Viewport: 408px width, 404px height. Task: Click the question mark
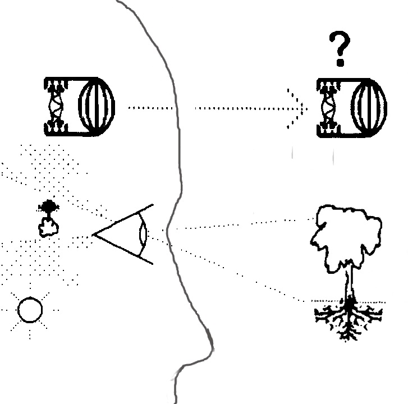340,45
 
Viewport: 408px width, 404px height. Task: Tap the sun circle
30,310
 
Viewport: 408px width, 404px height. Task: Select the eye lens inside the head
144,233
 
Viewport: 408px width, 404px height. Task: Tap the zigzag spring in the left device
56,107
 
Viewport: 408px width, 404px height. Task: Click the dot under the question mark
340,62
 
